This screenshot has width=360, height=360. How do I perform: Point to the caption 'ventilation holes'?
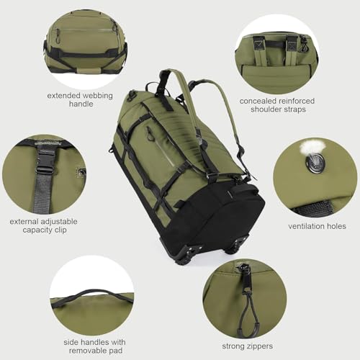point(317,226)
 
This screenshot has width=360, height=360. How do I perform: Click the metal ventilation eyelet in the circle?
point(315,163)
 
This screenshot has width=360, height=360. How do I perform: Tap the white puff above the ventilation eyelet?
point(310,147)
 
